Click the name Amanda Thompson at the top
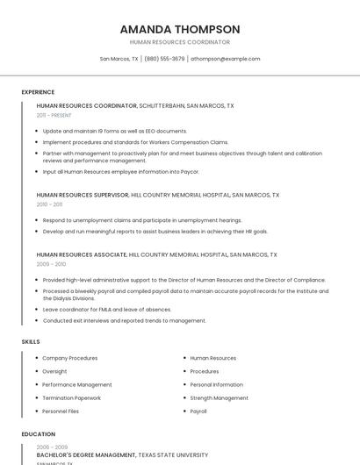[180, 29]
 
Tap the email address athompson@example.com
[226, 59]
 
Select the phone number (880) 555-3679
[164, 59]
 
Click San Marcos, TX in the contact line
[119, 59]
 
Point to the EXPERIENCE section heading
[38, 92]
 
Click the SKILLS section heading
[31, 341]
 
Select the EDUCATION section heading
[38, 434]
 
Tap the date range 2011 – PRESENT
[54, 115]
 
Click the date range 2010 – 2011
[49, 204]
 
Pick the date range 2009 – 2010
[51, 263]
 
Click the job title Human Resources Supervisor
[83, 195]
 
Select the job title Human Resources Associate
[82, 254]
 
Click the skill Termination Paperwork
[72, 397]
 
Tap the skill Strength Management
[220, 397]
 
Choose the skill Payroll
[198, 411]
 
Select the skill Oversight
[54, 371]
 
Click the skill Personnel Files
[61, 411]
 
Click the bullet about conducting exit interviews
[125, 320]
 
